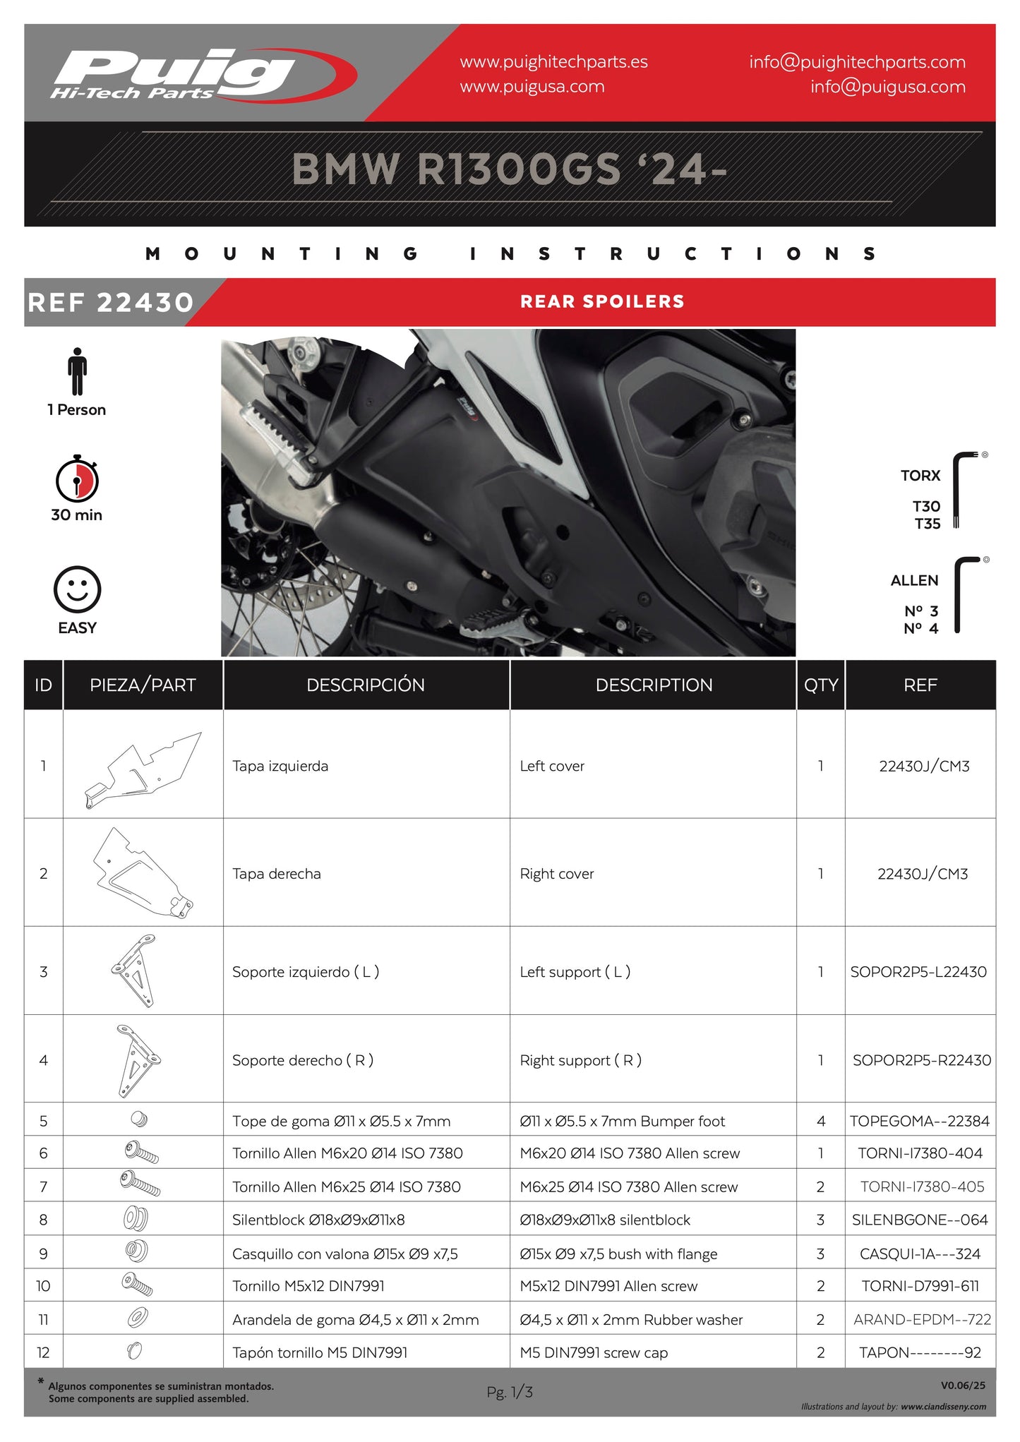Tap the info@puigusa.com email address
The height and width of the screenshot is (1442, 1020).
click(887, 87)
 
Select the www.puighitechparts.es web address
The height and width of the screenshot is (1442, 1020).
click(553, 62)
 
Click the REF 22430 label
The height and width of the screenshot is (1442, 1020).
click(110, 303)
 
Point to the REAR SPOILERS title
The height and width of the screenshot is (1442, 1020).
click(602, 302)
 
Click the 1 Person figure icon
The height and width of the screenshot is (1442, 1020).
click(77, 371)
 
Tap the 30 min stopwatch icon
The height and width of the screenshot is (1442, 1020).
click(77, 479)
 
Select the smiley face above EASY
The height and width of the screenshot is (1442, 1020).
click(77, 589)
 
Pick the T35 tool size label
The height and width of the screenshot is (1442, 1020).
click(927, 524)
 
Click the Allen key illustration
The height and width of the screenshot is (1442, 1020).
click(965, 594)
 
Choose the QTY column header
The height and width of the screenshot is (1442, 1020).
click(820, 685)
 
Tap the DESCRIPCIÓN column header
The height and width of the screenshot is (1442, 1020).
click(366, 685)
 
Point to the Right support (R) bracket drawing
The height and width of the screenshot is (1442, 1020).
click(138, 1060)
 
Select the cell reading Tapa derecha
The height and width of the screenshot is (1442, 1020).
click(277, 874)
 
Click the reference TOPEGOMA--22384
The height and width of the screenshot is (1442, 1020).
click(919, 1121)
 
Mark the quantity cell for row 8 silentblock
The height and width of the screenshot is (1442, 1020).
click(820, 1220)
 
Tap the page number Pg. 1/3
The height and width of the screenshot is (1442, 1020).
click(509, 1392)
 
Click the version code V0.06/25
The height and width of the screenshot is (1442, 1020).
click(963, 1386)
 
